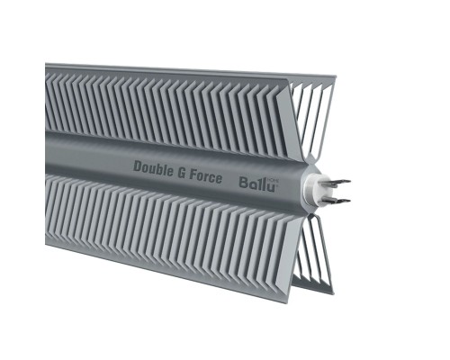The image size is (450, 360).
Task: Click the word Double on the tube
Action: click(x=153, y=166)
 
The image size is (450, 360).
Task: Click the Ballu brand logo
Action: click(x=254, y=182)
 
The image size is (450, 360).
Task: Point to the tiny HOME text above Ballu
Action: click(x=271, y=175)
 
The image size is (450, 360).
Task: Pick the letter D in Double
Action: click(x=138, y=166)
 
